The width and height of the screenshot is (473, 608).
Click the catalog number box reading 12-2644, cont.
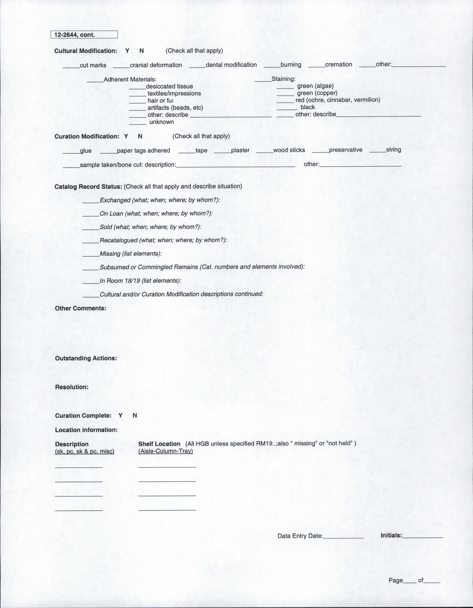click(x=84, y=34)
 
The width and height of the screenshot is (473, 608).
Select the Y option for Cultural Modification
click(x=127, y=51)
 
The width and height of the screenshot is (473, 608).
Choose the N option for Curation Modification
click(x=140, y=136)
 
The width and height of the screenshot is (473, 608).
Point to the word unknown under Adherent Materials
click(x=161, y=122)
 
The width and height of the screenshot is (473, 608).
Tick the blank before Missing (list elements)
click(x=91, y=255)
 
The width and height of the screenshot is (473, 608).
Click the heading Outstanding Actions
click(x=86, y=358)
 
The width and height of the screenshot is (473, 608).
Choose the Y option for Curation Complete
click(x=120, y=415)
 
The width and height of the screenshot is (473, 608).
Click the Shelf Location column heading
click(x=159, y=444)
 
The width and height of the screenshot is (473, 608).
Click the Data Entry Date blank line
click(x=343, y=537)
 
